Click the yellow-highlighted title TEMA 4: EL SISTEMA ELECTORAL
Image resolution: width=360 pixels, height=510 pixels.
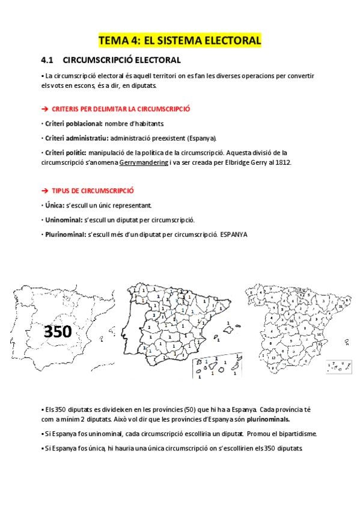click(x=180, y=41)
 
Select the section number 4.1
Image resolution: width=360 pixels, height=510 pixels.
click(x=47, y=60)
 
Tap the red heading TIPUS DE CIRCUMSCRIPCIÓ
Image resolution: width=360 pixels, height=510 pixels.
click(x=92, y=190)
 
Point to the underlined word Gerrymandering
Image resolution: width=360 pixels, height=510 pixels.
click(x=144, y=163)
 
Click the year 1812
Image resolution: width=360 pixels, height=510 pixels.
click(x=281, y=163)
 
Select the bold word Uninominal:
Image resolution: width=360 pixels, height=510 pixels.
click(x=63, y=219)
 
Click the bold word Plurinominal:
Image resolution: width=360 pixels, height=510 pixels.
click(x=66, y=234)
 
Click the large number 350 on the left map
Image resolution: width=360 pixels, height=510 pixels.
click(x=58, y=331)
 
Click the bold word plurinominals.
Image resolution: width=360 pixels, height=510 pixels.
click(x=263, y=419)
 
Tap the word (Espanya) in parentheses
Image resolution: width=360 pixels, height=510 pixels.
click(x=201, y=138)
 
